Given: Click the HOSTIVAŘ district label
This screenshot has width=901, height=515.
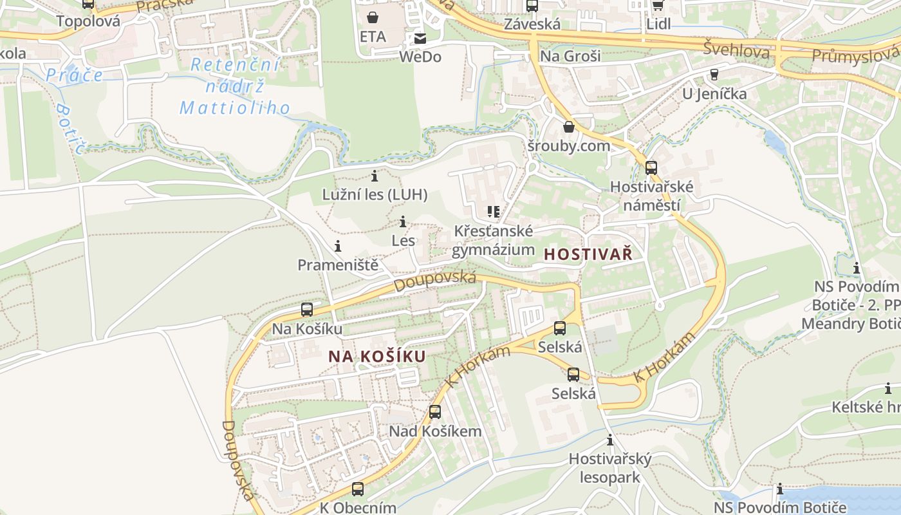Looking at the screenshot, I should [x=588, y=254].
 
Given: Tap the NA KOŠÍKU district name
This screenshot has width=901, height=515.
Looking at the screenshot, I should [x=377, y=357].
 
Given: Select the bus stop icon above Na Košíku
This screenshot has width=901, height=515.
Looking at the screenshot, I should [x=307, y=310].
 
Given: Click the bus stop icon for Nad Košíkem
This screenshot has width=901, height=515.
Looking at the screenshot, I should [x=435, y=412].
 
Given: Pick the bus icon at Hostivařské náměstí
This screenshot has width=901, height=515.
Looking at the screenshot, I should [x=651, y=168].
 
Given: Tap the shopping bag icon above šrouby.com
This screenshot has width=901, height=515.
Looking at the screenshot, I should [x=568, y=127].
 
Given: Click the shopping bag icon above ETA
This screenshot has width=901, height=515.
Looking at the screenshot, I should [x=373, y=17].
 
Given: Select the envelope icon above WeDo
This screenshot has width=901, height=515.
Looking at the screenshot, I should [x=420, y=38].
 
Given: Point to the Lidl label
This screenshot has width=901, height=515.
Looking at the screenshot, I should [x=658, y=24].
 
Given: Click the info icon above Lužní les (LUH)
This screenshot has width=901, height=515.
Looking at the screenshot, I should [x=375, y=176].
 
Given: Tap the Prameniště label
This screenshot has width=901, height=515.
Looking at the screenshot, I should [x=337, y=265].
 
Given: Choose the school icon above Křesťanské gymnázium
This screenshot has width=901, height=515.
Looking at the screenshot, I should [x=494, y=212].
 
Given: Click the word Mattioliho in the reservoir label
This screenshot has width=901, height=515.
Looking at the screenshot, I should [x=235, y=108].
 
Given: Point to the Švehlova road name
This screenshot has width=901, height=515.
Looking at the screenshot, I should [x=736, y=50].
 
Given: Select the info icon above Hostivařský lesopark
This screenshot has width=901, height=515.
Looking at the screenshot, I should [x=610, y=441].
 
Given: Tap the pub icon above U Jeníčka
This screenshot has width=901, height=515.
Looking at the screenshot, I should [x=714, y=75].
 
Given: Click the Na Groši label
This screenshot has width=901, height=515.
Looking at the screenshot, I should [x=570, y=56].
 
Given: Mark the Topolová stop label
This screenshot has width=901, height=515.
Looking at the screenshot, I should [x=88, y=21].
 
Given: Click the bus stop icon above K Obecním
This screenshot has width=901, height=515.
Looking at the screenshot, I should [x=358, y=489].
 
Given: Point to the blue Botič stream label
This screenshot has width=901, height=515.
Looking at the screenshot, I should [x=71, y=129].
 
